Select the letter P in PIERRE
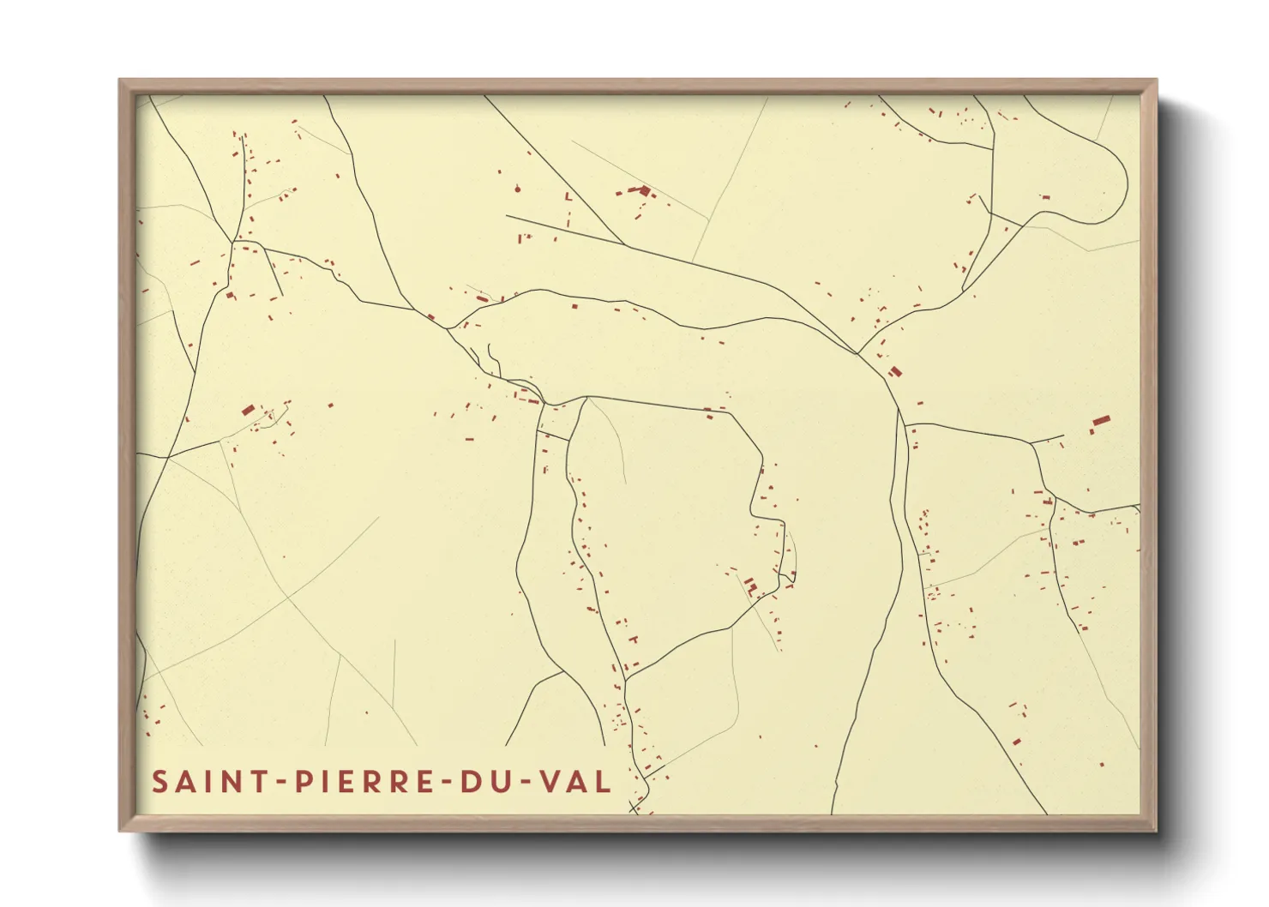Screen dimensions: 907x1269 click(303, 782)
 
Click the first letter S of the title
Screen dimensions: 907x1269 click(159, 782)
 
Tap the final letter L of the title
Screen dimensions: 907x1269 click(604, 782)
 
